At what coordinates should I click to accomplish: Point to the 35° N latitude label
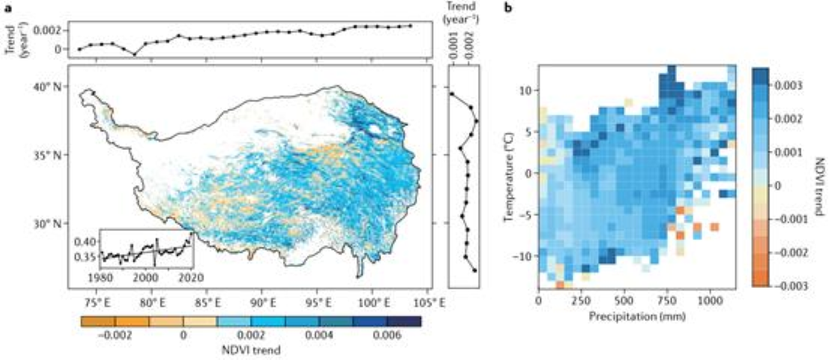49,154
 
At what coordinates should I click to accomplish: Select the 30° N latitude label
49,223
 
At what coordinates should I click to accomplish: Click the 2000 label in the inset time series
146,276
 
